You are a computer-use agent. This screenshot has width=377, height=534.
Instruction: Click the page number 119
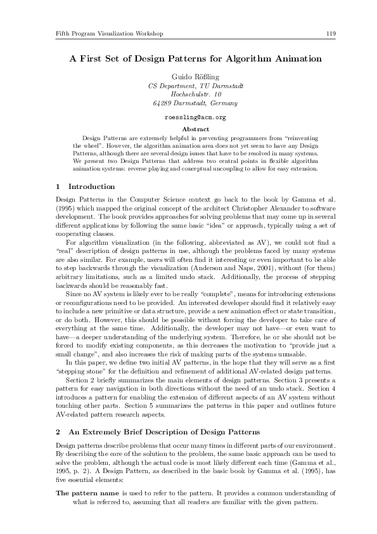click(331, 32)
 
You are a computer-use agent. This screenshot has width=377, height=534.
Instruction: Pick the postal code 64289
click(163, 103)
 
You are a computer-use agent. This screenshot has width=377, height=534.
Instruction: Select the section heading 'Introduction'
click(91, 186)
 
